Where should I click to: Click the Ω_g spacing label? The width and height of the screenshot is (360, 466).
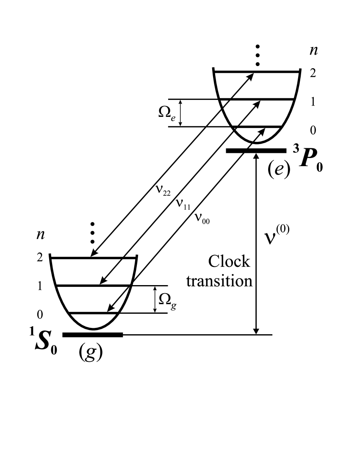click(x=166, y=300)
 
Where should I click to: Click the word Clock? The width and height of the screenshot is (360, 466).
click(x=230, y=262)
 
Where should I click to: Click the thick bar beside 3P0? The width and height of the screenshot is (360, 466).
click(x=256, y=150)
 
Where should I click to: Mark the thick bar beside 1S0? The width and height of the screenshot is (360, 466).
click(x=92, y=335)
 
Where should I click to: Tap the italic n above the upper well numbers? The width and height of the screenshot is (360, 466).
click(x=313, y=51)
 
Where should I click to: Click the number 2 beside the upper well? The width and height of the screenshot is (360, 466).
click(x=313, y=73)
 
